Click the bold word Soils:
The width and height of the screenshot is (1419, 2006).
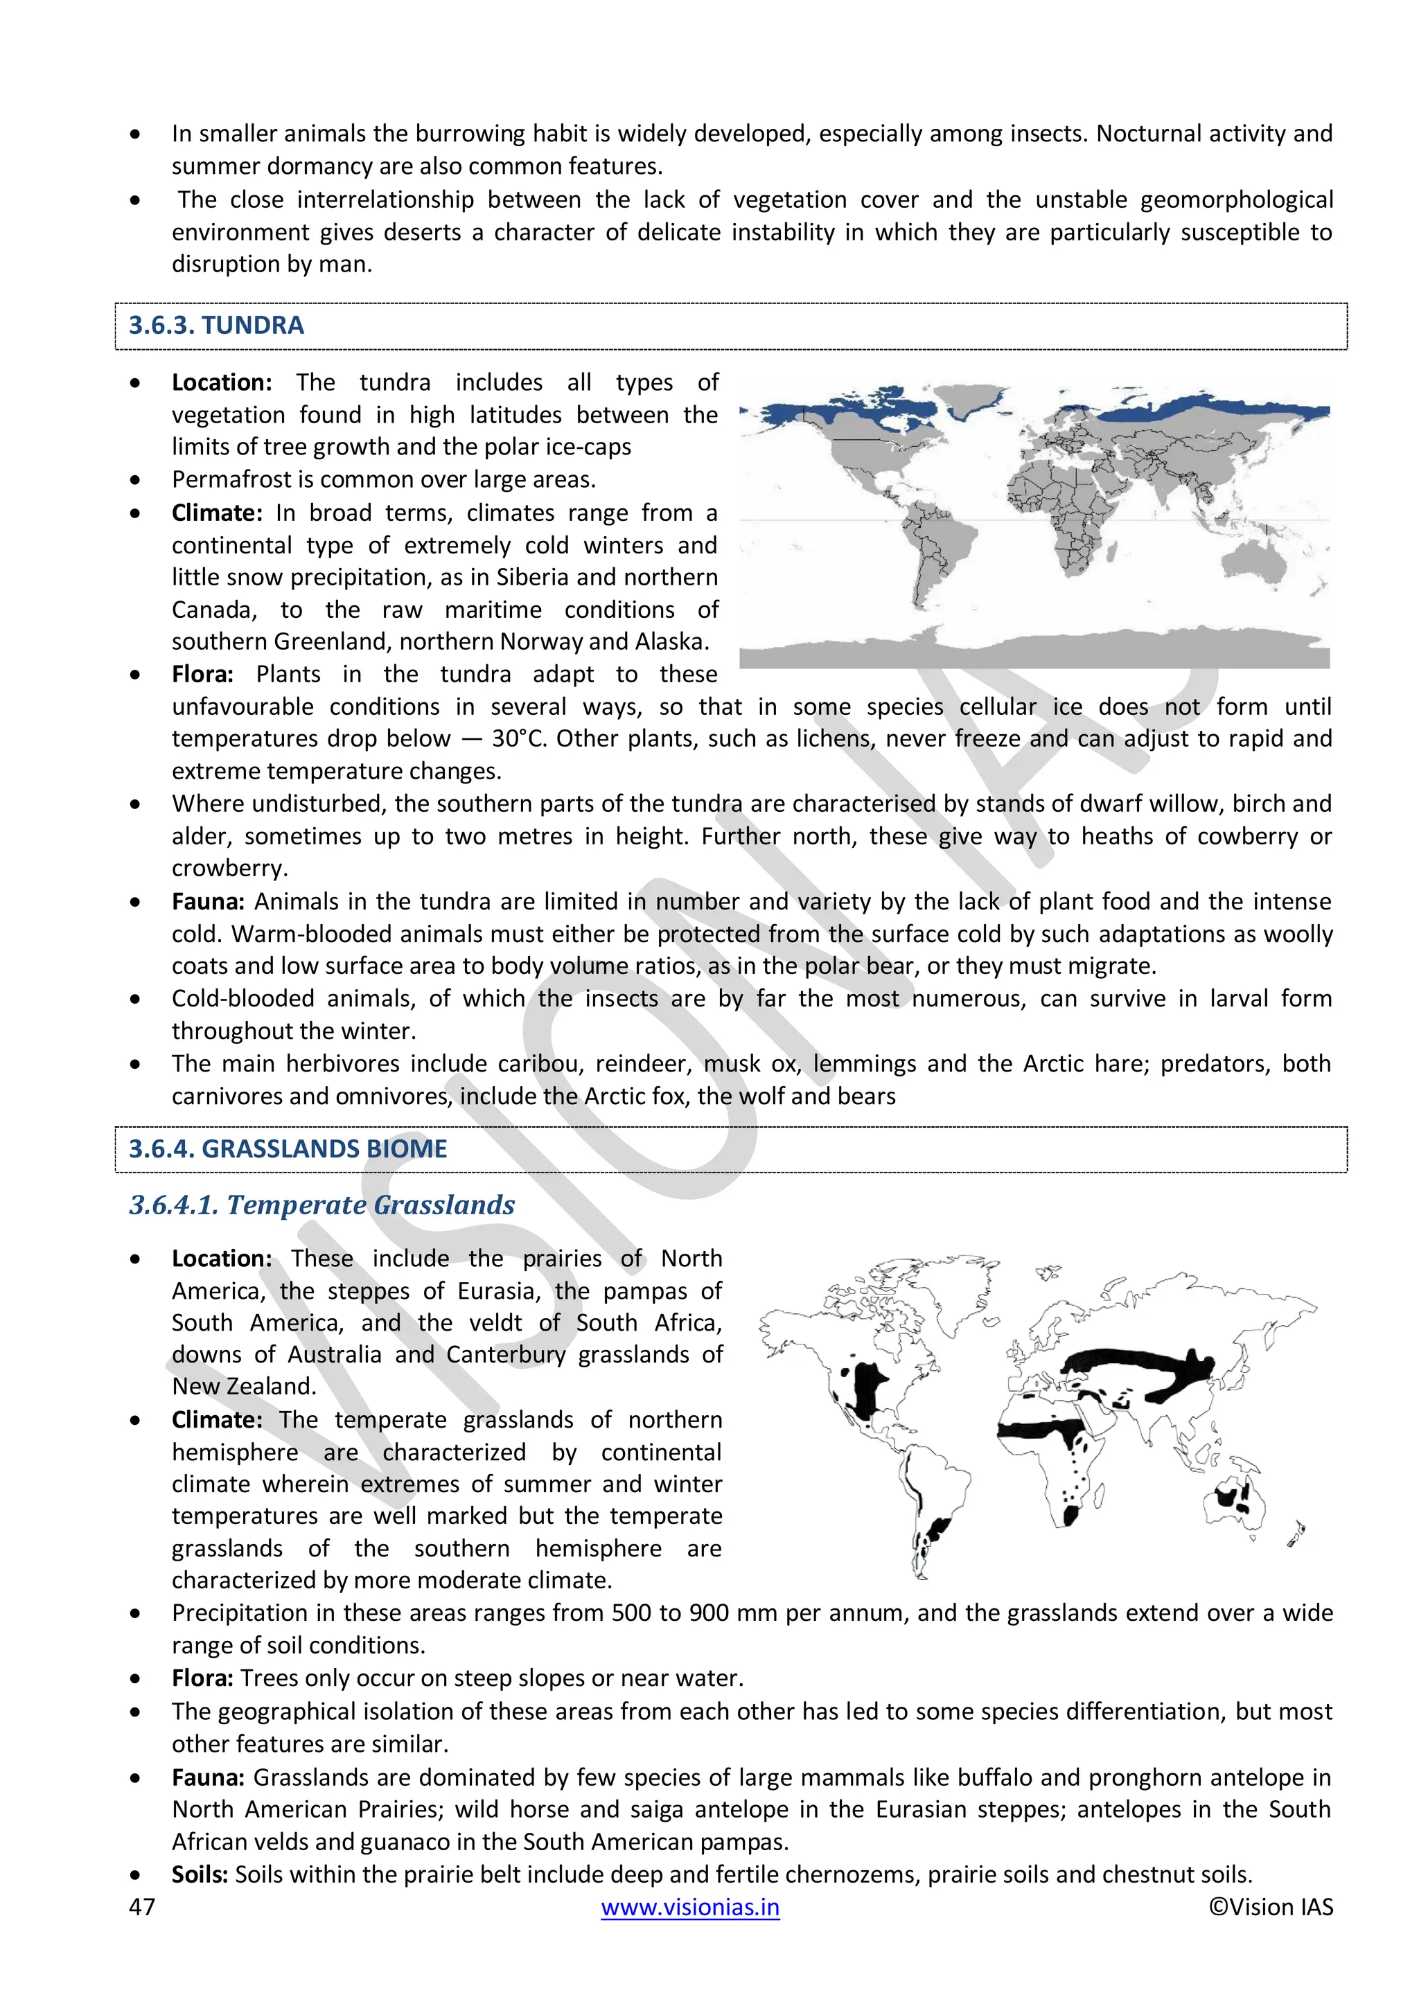click(x=200, y=1875)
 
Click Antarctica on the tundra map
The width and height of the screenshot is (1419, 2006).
click(x=1031, y=651)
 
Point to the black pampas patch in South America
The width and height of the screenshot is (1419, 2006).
click(x=937, y=1529)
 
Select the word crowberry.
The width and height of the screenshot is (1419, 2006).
click(x=229, y=869)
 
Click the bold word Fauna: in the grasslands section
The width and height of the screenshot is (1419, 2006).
click(x=208, y=1777)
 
